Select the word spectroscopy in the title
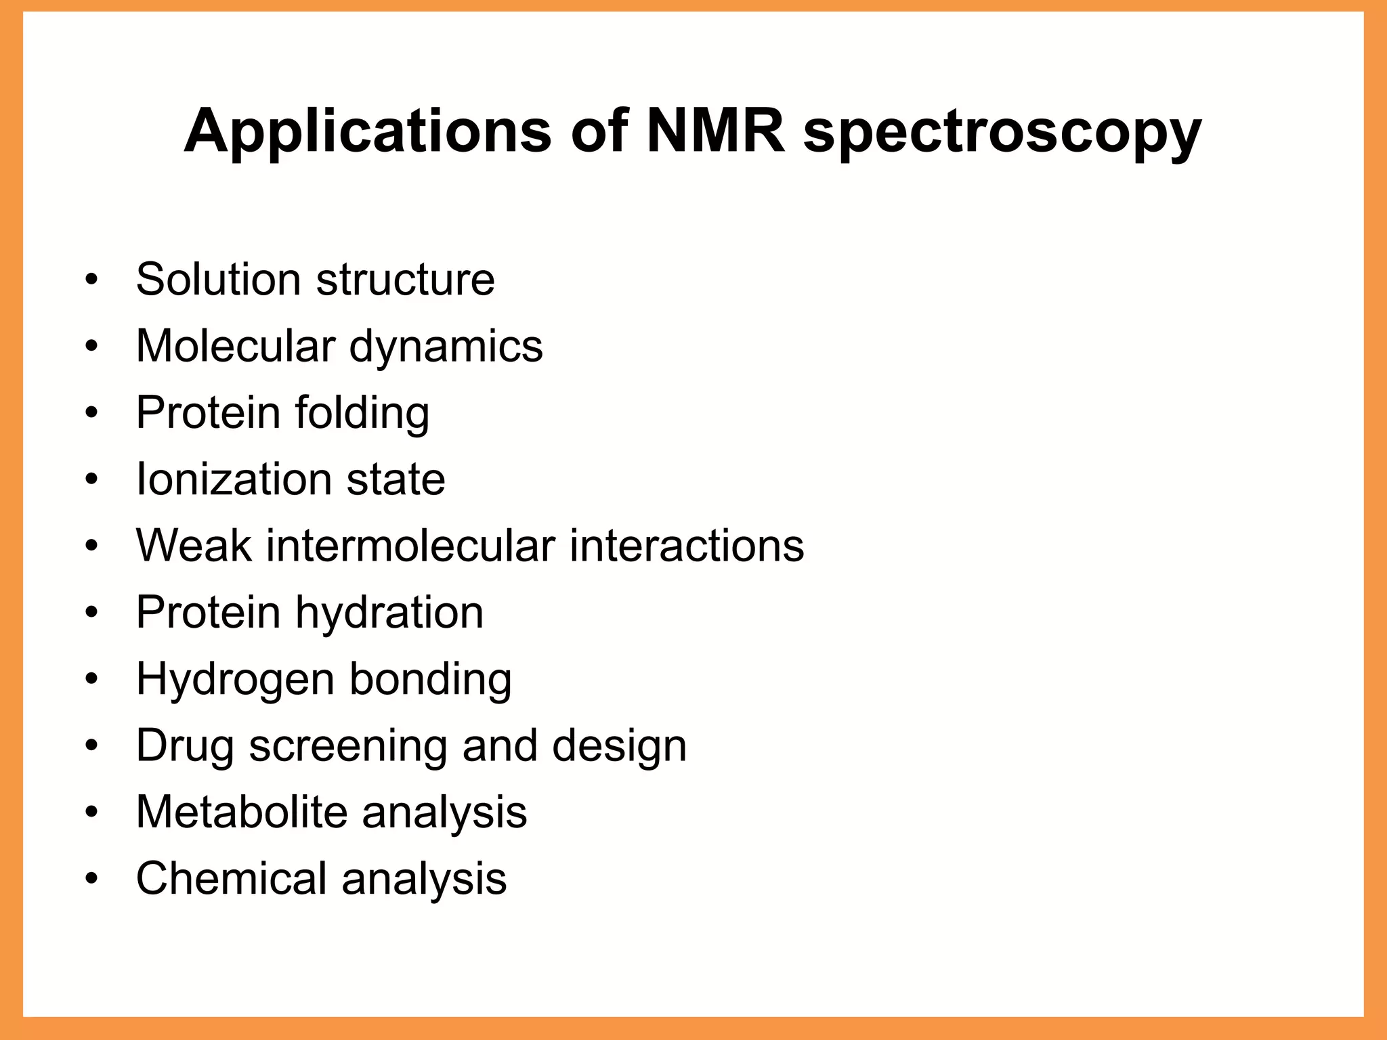pos(1002,133)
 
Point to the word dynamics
pos(446,347)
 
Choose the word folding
pos(362,413)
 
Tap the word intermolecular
pos(410,546)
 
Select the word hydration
pos(389,612)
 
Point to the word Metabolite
pos(242,812)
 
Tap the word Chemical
pos(232,878)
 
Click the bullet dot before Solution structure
pos(92,280)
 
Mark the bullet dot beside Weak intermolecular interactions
pos(92,546)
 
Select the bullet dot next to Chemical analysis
pos(92,879)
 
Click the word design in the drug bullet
pos(619,745)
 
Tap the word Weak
pos(194,546)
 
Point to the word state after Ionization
pos(396,479)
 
